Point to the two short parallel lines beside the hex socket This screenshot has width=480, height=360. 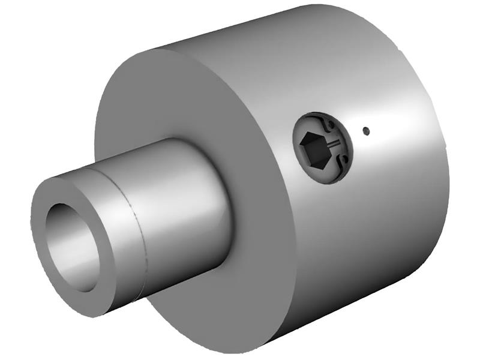pyautogui.click(x=334, y=143)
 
